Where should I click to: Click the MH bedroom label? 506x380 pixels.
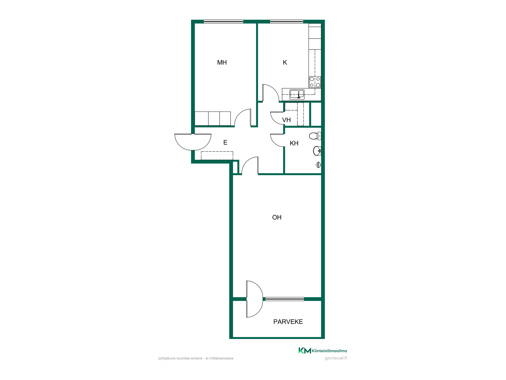(222, 63)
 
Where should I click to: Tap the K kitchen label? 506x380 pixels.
(285, 63)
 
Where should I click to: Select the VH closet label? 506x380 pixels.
(286, 120)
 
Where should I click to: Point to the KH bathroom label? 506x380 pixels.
(294, 143)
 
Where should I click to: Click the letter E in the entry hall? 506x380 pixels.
(225, 143)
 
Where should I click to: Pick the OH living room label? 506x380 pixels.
(277, 217)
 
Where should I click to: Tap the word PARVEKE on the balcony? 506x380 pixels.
(288, 322)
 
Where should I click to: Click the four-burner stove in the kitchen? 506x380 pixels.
(315, 82)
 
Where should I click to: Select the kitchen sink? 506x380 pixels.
(297, 94)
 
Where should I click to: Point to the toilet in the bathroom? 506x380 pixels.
(315, 136)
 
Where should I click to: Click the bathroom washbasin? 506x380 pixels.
(317, 151)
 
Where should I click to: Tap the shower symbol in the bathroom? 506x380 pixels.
(318, 165)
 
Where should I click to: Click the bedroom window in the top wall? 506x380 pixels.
(223, 22)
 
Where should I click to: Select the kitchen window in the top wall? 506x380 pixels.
(287, 22)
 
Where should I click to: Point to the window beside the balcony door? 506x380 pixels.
(285, 299)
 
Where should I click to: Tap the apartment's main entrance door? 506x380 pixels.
(193, 142)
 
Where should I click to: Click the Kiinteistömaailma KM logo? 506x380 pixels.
(323, 351)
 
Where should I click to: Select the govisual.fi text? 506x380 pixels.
(336, 358)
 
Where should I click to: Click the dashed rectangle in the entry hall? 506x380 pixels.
(217, 156)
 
